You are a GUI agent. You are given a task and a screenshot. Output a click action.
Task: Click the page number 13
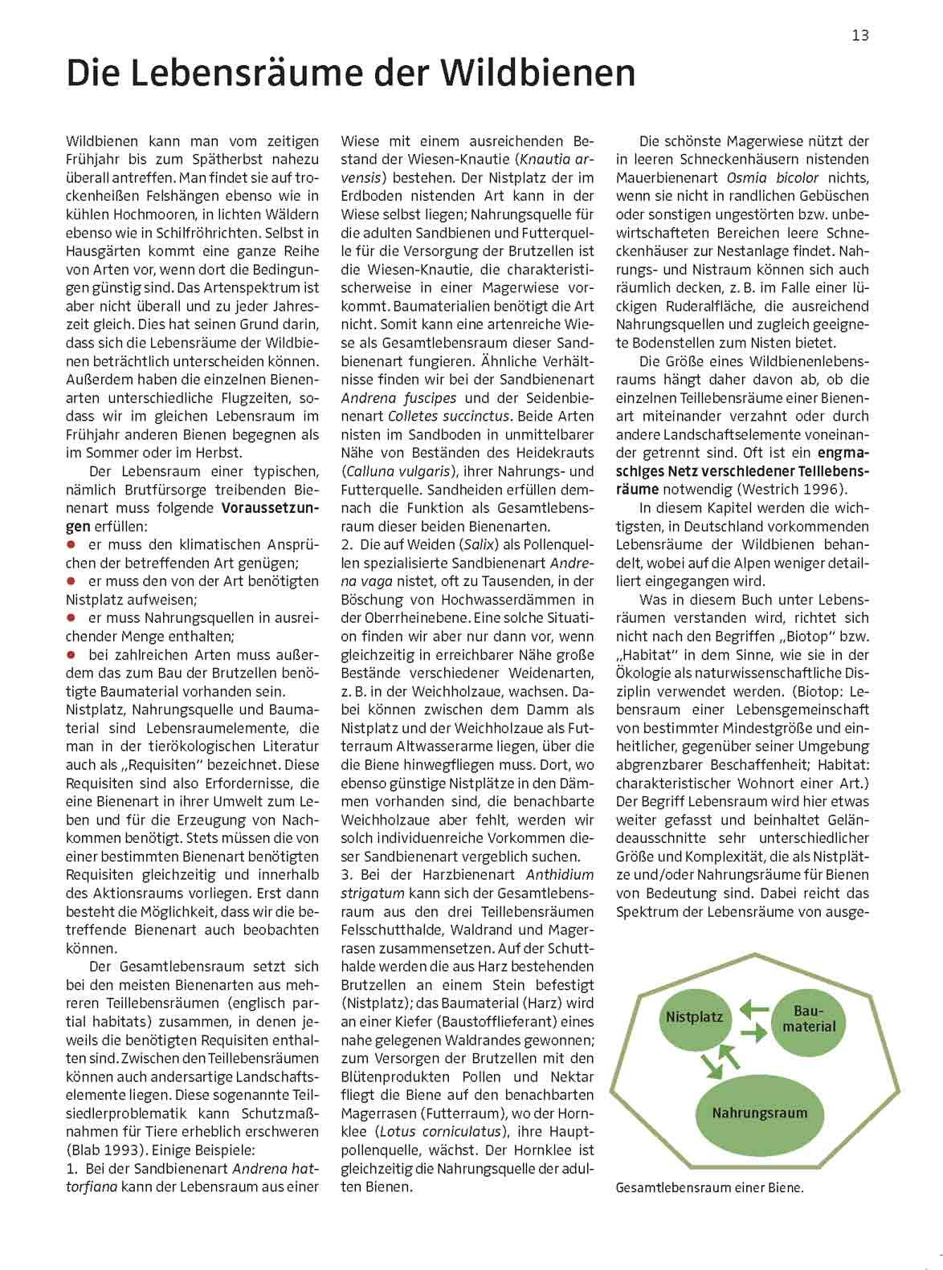[860, 35]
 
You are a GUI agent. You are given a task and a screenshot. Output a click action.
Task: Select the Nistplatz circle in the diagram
[694, 1017]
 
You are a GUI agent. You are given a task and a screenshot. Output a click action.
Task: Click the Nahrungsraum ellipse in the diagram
[759, 1113]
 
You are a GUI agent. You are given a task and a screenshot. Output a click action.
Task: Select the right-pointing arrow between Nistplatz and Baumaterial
[753, 1032]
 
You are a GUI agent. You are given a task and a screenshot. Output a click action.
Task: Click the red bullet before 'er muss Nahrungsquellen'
[71, 617]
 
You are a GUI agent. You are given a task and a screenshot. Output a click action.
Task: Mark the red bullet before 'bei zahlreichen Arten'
[71, 654]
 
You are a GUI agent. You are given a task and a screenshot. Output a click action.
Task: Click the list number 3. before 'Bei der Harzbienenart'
[347, 875]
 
